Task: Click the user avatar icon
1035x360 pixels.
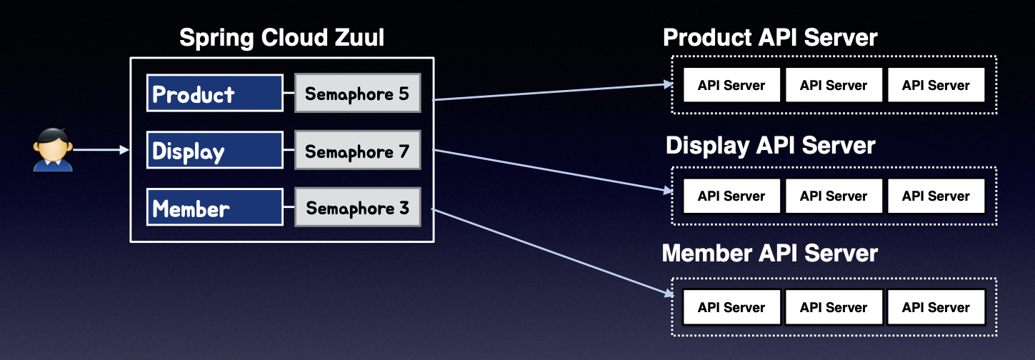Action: pos(53,150)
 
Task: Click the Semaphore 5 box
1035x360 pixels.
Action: pos(357,93)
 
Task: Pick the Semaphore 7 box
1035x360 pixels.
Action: pos(357,150)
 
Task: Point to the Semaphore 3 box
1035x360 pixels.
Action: pos(357,208)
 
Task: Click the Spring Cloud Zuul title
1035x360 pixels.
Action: pos(281,38)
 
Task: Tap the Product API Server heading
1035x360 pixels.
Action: pos(770,37)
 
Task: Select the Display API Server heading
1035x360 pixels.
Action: pos(770,146)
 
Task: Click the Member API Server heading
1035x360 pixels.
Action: pos(770,253)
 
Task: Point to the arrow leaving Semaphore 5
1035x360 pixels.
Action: pos(554,91)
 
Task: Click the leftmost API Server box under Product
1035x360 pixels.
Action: pos(731,86)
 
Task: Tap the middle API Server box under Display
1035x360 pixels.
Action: pos(834,196)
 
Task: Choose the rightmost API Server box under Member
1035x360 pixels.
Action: pos(936,307)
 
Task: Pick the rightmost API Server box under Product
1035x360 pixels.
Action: pos(936,86)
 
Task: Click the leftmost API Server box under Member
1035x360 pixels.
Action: pos(731,307)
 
